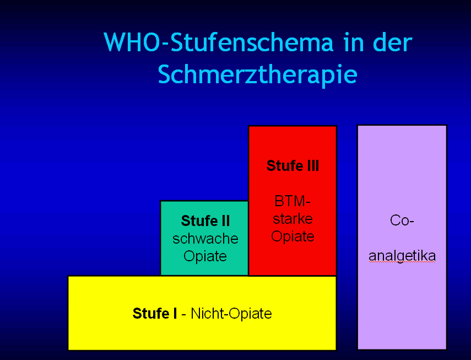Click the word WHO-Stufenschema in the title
point(219,43)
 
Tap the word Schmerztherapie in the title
point(257,74)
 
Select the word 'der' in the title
point(392,43)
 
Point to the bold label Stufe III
point(293,166)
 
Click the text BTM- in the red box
point(293,201)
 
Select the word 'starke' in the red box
point(293,218)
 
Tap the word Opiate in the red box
point(293,237)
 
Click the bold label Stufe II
point(205,221)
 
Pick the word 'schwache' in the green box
point(205,239)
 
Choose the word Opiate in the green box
point(205,256)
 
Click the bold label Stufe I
point(154,314)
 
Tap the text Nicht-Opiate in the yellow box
point(231,314)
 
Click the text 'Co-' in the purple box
point(402,221)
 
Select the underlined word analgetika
point(402,256)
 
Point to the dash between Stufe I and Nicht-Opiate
point(184,314)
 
